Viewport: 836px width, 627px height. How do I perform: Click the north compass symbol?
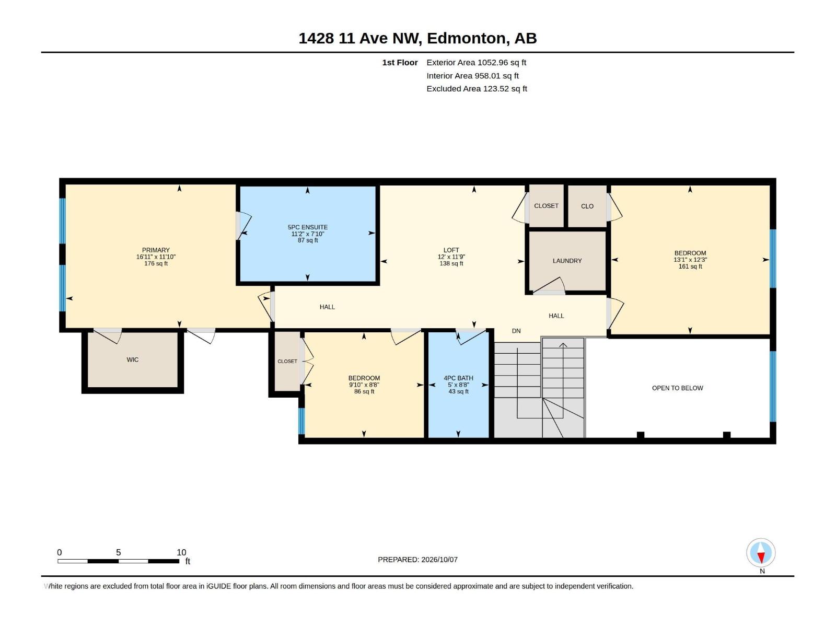[761, 552]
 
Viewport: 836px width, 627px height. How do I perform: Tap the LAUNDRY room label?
[567, 261]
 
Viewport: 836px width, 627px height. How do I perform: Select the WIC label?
[133, 360]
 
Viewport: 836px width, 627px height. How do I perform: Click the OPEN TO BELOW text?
[677, 388]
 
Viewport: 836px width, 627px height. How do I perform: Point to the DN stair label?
[516, 331]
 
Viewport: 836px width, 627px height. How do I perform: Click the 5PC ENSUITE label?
[308, 227]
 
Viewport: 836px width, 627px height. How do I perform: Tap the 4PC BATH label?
[458, 378]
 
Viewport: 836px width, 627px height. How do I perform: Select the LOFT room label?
[451, 250]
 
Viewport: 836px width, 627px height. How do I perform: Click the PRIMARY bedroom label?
[156, 250]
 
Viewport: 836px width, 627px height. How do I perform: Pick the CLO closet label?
[587, 206]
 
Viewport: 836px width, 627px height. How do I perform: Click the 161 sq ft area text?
[690, 266]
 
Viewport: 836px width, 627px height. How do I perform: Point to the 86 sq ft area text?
[364, 391]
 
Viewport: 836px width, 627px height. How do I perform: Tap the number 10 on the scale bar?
[181, 552]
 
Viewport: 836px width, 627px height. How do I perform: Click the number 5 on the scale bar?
[119, 552]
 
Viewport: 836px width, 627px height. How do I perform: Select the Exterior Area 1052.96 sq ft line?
[476, 62]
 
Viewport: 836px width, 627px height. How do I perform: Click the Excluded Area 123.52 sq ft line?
[477, 89]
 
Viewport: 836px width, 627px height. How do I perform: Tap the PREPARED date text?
[417, 560]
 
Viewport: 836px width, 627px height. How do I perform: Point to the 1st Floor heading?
[400, 62]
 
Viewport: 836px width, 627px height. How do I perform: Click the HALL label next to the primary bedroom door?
[327, 307]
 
